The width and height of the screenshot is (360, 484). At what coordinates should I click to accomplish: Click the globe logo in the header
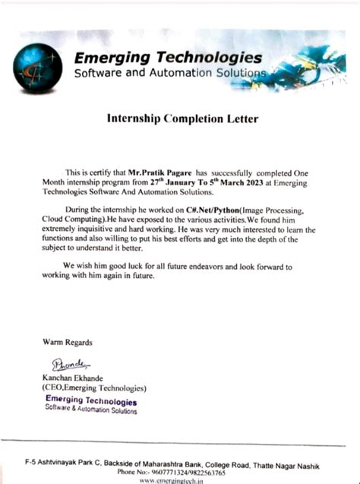click(x=37, y=68)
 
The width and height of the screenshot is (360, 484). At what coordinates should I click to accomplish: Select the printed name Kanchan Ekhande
click(x=78, y=378)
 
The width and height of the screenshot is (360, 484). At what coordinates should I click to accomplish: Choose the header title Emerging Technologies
click(x=168, y=59)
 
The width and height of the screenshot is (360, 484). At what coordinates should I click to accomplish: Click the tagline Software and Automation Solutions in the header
click(x=169, y=73)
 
